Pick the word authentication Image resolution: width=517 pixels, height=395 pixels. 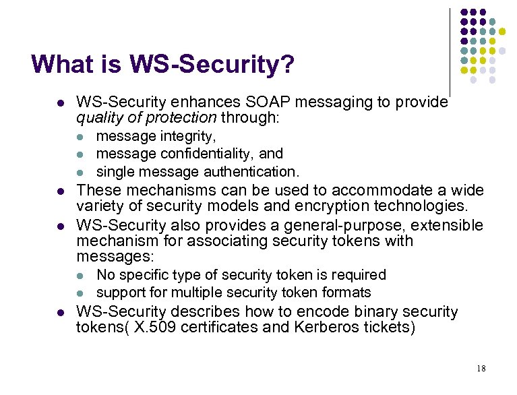[251, 171]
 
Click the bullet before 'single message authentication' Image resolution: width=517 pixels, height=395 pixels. [80, 172]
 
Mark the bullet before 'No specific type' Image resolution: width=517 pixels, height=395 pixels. [80, 276]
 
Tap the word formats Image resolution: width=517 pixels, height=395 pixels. [346, 293]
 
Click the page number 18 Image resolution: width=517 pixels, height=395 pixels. [480, 368]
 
